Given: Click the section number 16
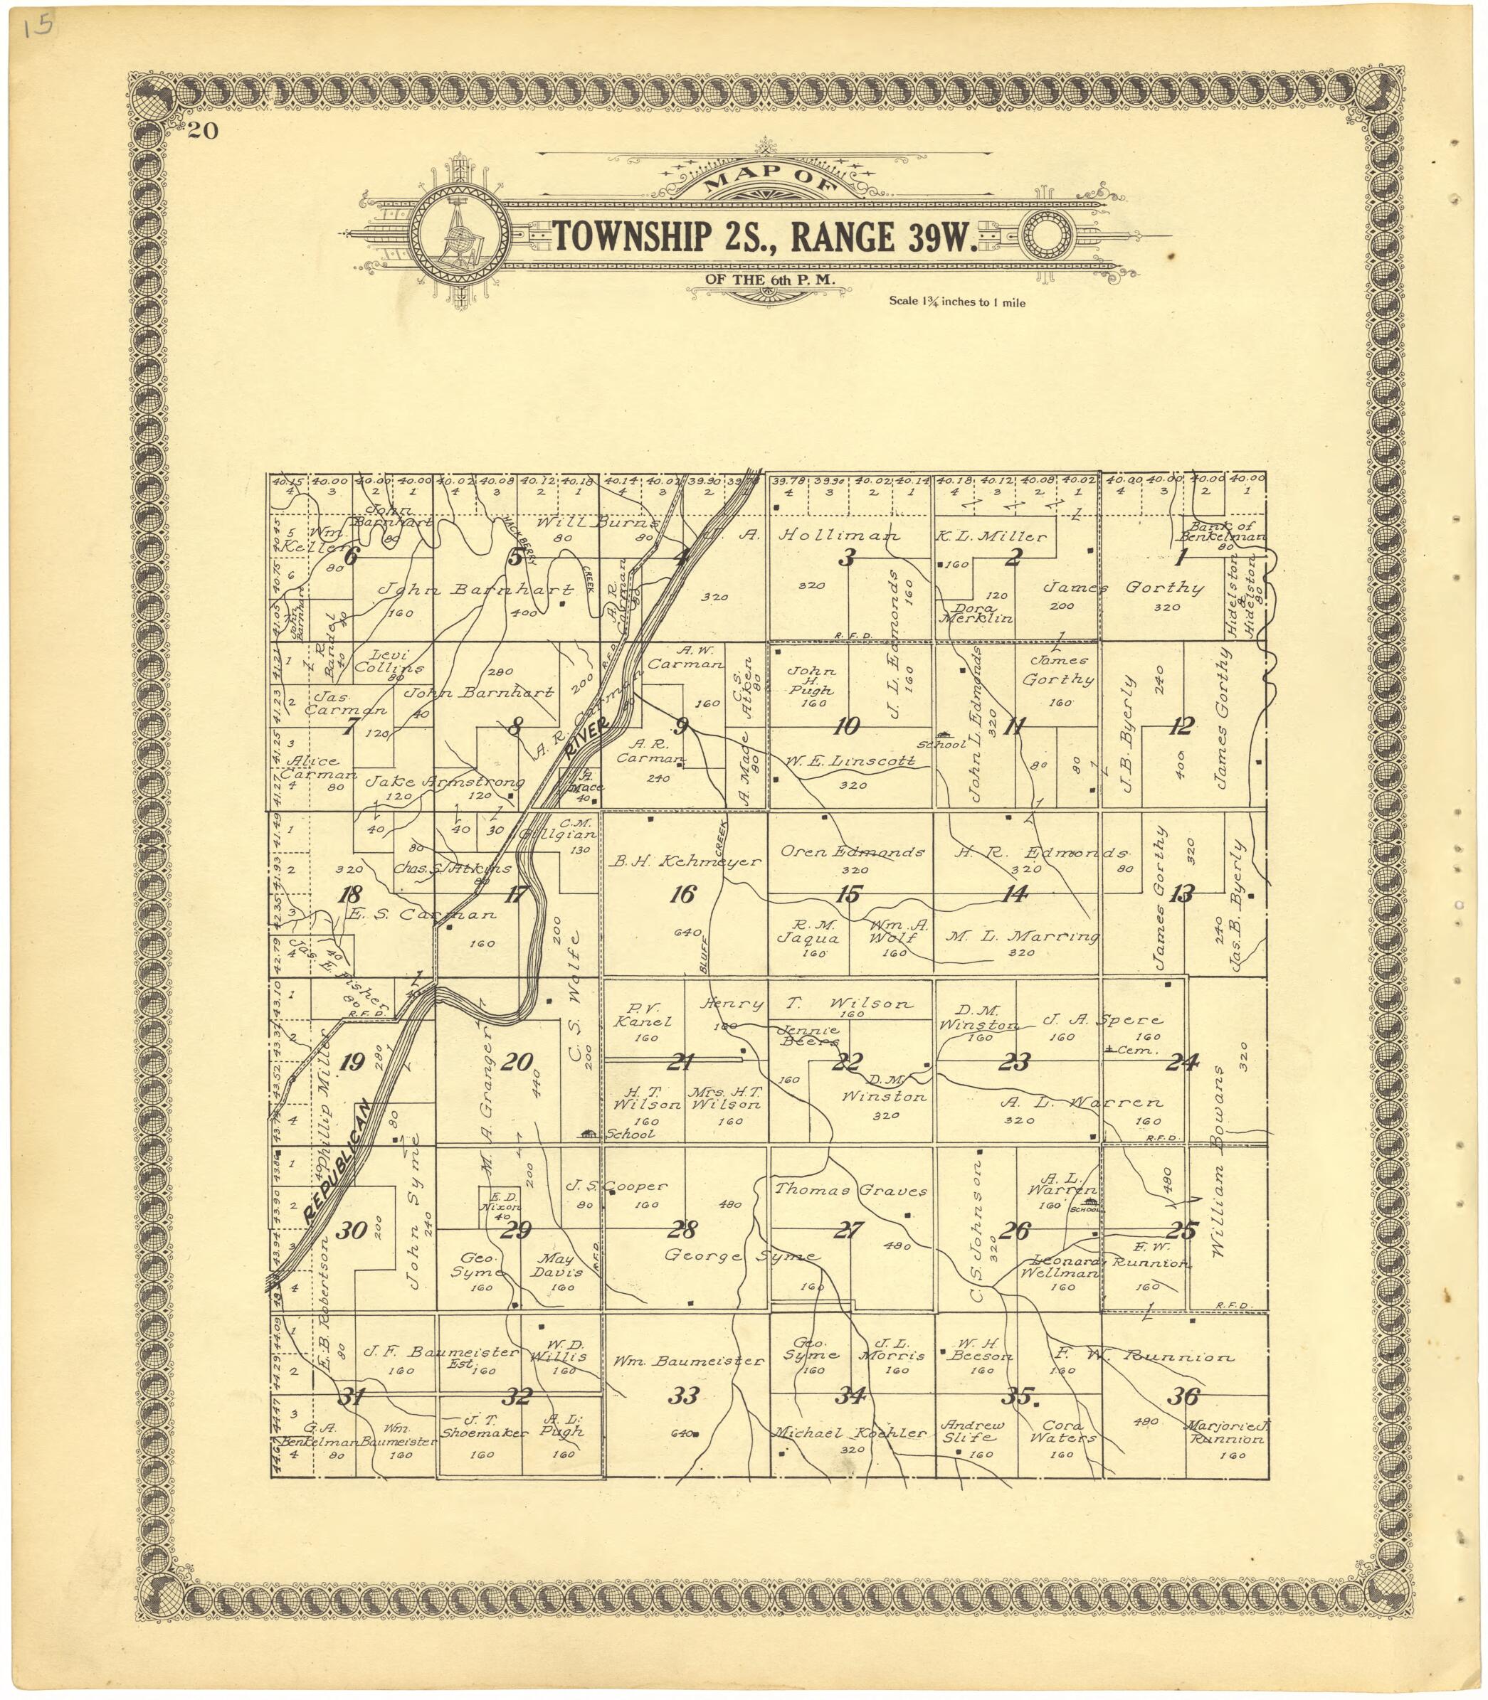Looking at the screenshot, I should pyautogui.click(x=682, y=894).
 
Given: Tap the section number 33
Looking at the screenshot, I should pyautogui.click(x=683, y=1396).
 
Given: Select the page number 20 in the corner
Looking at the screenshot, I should pyautogui.click(x=203, y=131).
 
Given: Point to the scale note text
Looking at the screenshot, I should pyautogui.click(x=956, y=302).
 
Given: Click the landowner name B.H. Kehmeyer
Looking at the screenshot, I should pyautogui.click(x=685, y=861).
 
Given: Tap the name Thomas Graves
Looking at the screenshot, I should pyautogui.click(x=850, y=1190).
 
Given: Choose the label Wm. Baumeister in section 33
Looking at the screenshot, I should pyautogui.click(x=687, y=1361).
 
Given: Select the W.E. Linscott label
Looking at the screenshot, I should pyautogui.click(x=851, y=760).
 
